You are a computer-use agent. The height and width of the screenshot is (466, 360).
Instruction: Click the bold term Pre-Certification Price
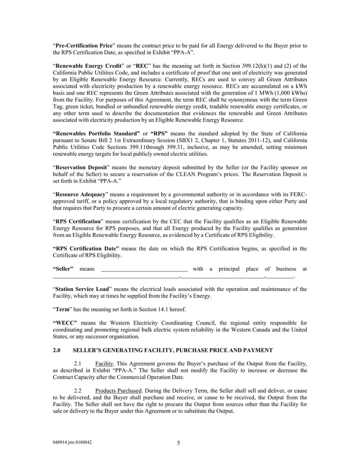[x=84, y=45]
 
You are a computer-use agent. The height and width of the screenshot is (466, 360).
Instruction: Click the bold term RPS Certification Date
[x=86, y=248]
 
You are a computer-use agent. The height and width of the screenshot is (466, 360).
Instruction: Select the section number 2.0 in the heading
[x=57, y=350]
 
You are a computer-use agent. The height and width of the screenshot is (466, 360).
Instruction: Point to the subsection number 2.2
[x=77, y=390]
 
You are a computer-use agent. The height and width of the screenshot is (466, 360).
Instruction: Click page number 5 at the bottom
[x=179, y=443]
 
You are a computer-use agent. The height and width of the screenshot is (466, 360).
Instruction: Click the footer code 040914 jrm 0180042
[x=72, y=442]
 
